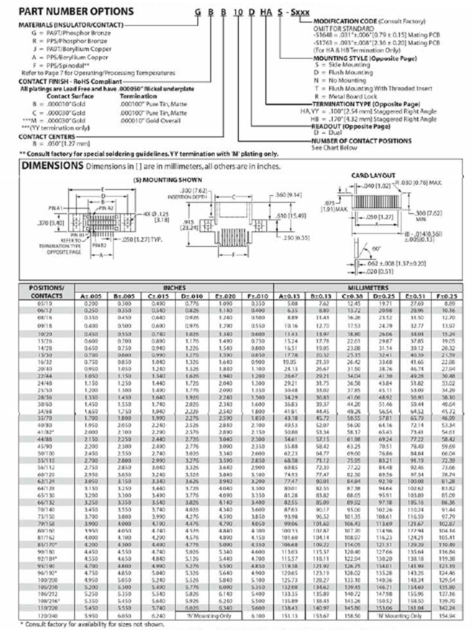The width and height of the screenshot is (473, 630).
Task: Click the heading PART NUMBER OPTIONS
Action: coord(76,12)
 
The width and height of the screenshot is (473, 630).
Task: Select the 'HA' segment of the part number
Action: coord(266,13)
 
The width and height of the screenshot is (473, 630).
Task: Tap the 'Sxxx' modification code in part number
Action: coord(300,13)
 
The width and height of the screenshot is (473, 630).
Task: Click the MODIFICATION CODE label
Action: coord(345,21)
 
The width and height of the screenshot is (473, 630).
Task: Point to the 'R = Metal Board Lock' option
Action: coord(345,96)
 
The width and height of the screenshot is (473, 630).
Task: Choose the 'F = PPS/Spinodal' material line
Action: coord(61,65)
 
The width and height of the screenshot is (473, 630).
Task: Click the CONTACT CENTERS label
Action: coord(47,137)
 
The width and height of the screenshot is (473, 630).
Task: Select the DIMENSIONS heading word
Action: coord(52,166)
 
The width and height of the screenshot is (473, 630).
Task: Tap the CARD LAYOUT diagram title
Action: coord(373,176)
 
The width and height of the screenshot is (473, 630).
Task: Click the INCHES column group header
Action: coord(174,288)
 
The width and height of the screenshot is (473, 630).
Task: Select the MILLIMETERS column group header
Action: coord(368,288)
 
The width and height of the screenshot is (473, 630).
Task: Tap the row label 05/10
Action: coord(45,304)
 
